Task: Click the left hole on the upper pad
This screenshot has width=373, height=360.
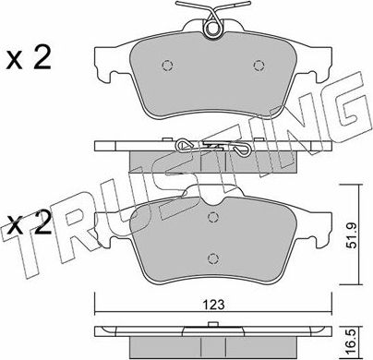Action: tap(166, 65)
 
